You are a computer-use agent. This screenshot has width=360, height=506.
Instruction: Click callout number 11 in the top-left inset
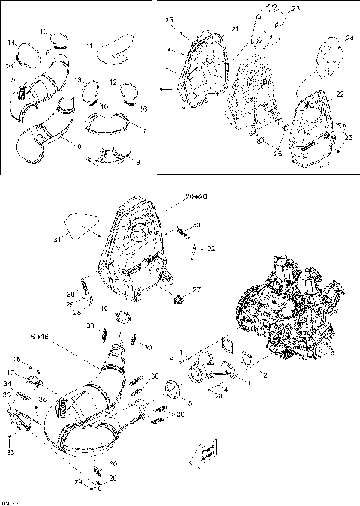91,46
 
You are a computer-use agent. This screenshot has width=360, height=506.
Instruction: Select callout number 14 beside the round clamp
11,43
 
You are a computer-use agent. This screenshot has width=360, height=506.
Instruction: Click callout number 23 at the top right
295,8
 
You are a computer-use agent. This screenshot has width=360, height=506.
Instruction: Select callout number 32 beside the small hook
211,248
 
